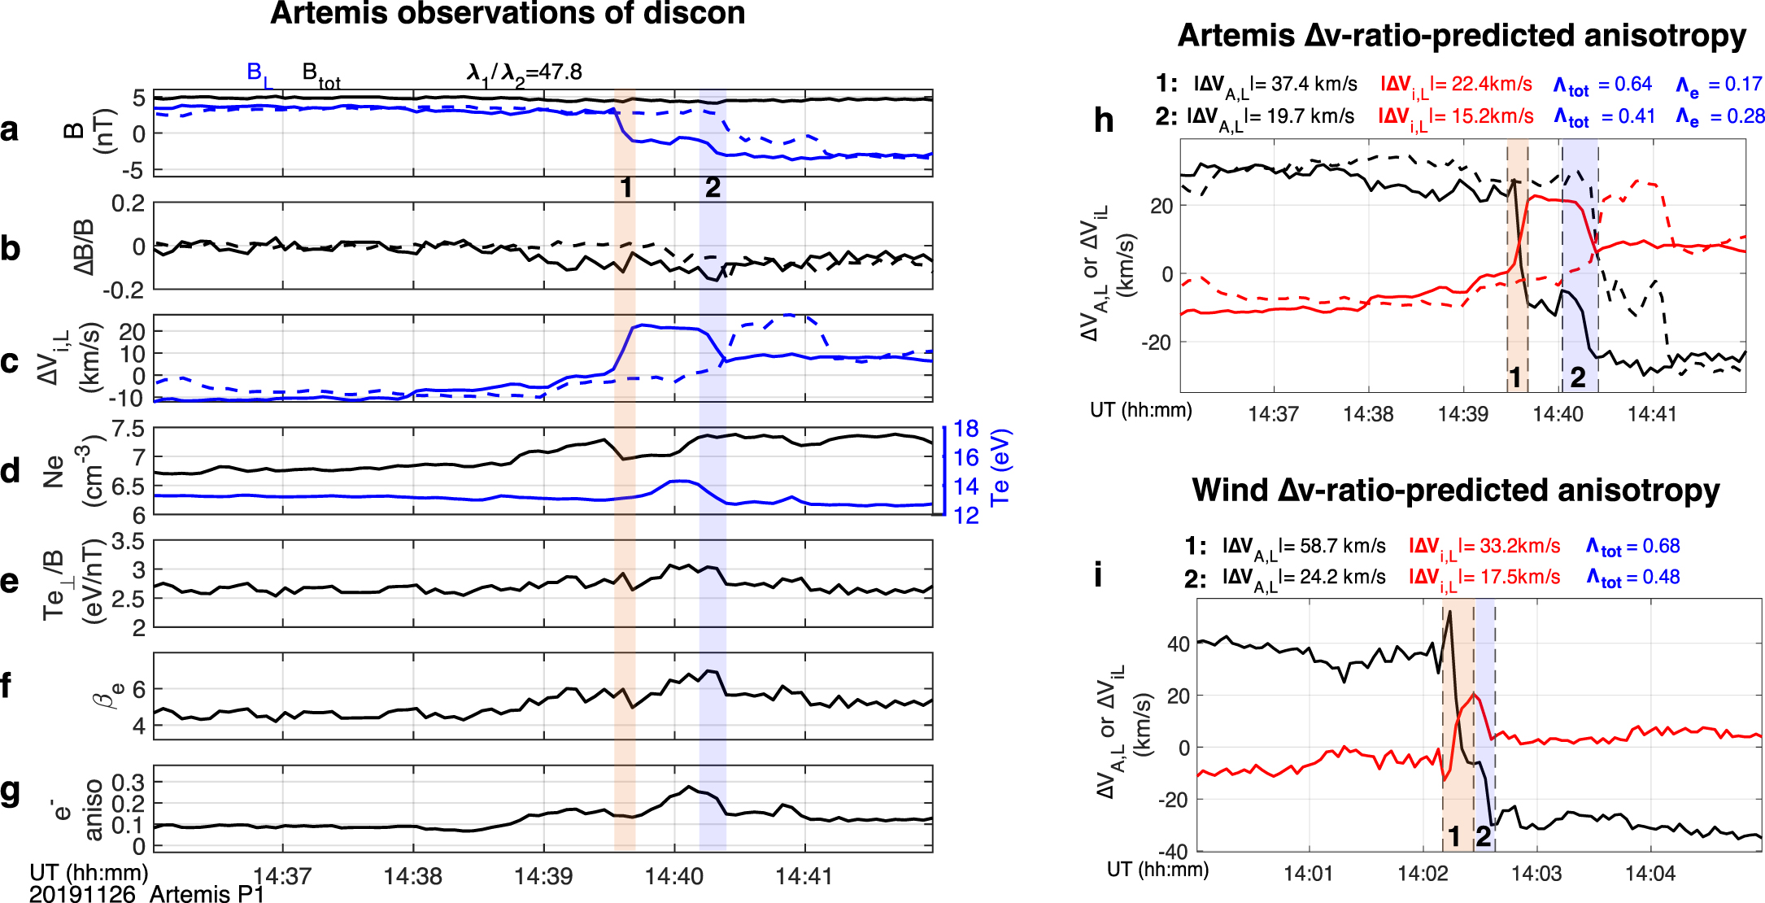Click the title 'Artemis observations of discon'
[x=508, y=14]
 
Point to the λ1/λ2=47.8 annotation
[x=525, y=73]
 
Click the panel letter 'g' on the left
[x=11, y=791]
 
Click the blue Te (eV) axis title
[x=1000, y=468]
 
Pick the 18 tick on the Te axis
[x=965, y=429]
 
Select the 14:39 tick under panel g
[x=543, y=876]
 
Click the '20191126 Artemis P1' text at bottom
[x=146, y=893]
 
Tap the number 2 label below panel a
[x=713, y=188]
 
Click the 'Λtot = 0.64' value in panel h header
[x=1602, y=85]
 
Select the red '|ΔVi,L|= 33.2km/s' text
[x=1484, y=547]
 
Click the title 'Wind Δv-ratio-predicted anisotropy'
[x=1455, y=491]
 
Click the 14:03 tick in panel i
[x=1536, y=874]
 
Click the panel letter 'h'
[x=1103, y=120]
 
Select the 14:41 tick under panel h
[x=1652, y=414]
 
